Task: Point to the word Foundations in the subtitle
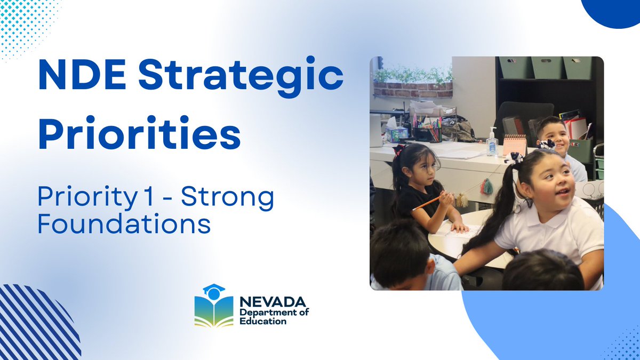pyautogui.click(x=124, y=223)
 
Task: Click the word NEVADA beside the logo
pyautogui.click(x=273, y=302)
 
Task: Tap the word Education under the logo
pyautogui.click(x=262, y=322)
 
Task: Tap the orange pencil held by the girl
pyautogui.click(x=426, y=203)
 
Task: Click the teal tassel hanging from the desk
pyautogui.click(x=486, y=186)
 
